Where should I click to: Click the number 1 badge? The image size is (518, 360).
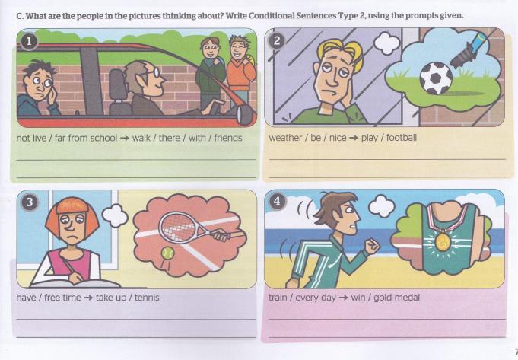coord(29,42)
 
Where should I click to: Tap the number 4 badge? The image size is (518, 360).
coord(277,202)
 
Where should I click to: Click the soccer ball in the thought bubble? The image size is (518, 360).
coord(436,78)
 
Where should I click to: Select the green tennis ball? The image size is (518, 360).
coord(167,253)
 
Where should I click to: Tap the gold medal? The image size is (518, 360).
coord(443,242)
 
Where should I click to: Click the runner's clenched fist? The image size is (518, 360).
coord(372,247)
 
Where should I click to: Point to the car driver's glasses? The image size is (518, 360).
coord(152,73)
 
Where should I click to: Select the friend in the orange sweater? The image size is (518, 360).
coord(240,71)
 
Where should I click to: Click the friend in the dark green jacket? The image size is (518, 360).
coord(210,73)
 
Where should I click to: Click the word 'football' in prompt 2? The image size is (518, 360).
coord(402,138)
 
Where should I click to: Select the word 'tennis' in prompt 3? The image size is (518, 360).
coord(147,298)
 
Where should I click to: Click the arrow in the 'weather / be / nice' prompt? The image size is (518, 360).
coord(354,138)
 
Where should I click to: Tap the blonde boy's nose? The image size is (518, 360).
coord(333,79)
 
